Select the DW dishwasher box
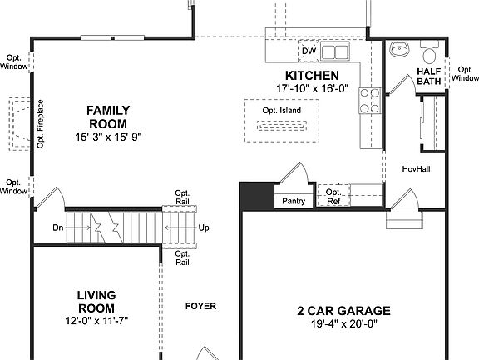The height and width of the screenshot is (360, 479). click(x=309, y=52)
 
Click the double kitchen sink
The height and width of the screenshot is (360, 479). click(x=335, y=52)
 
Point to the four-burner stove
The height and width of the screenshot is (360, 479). click(x=368, y=101)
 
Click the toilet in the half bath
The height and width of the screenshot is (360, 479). click(x=429, y=55)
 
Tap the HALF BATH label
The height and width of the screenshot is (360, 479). click(x=427, y=77)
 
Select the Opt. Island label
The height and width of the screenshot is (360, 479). click(x=282, y=111)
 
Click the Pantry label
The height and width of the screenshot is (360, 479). click(x=294, y=201)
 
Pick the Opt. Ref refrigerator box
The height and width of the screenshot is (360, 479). click(x=333, y=197)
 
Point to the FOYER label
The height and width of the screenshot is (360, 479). click(x=200, y=307)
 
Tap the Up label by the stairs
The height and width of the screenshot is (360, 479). click(x=204, y=227)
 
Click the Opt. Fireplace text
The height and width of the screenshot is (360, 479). click(x=40, y=124)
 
